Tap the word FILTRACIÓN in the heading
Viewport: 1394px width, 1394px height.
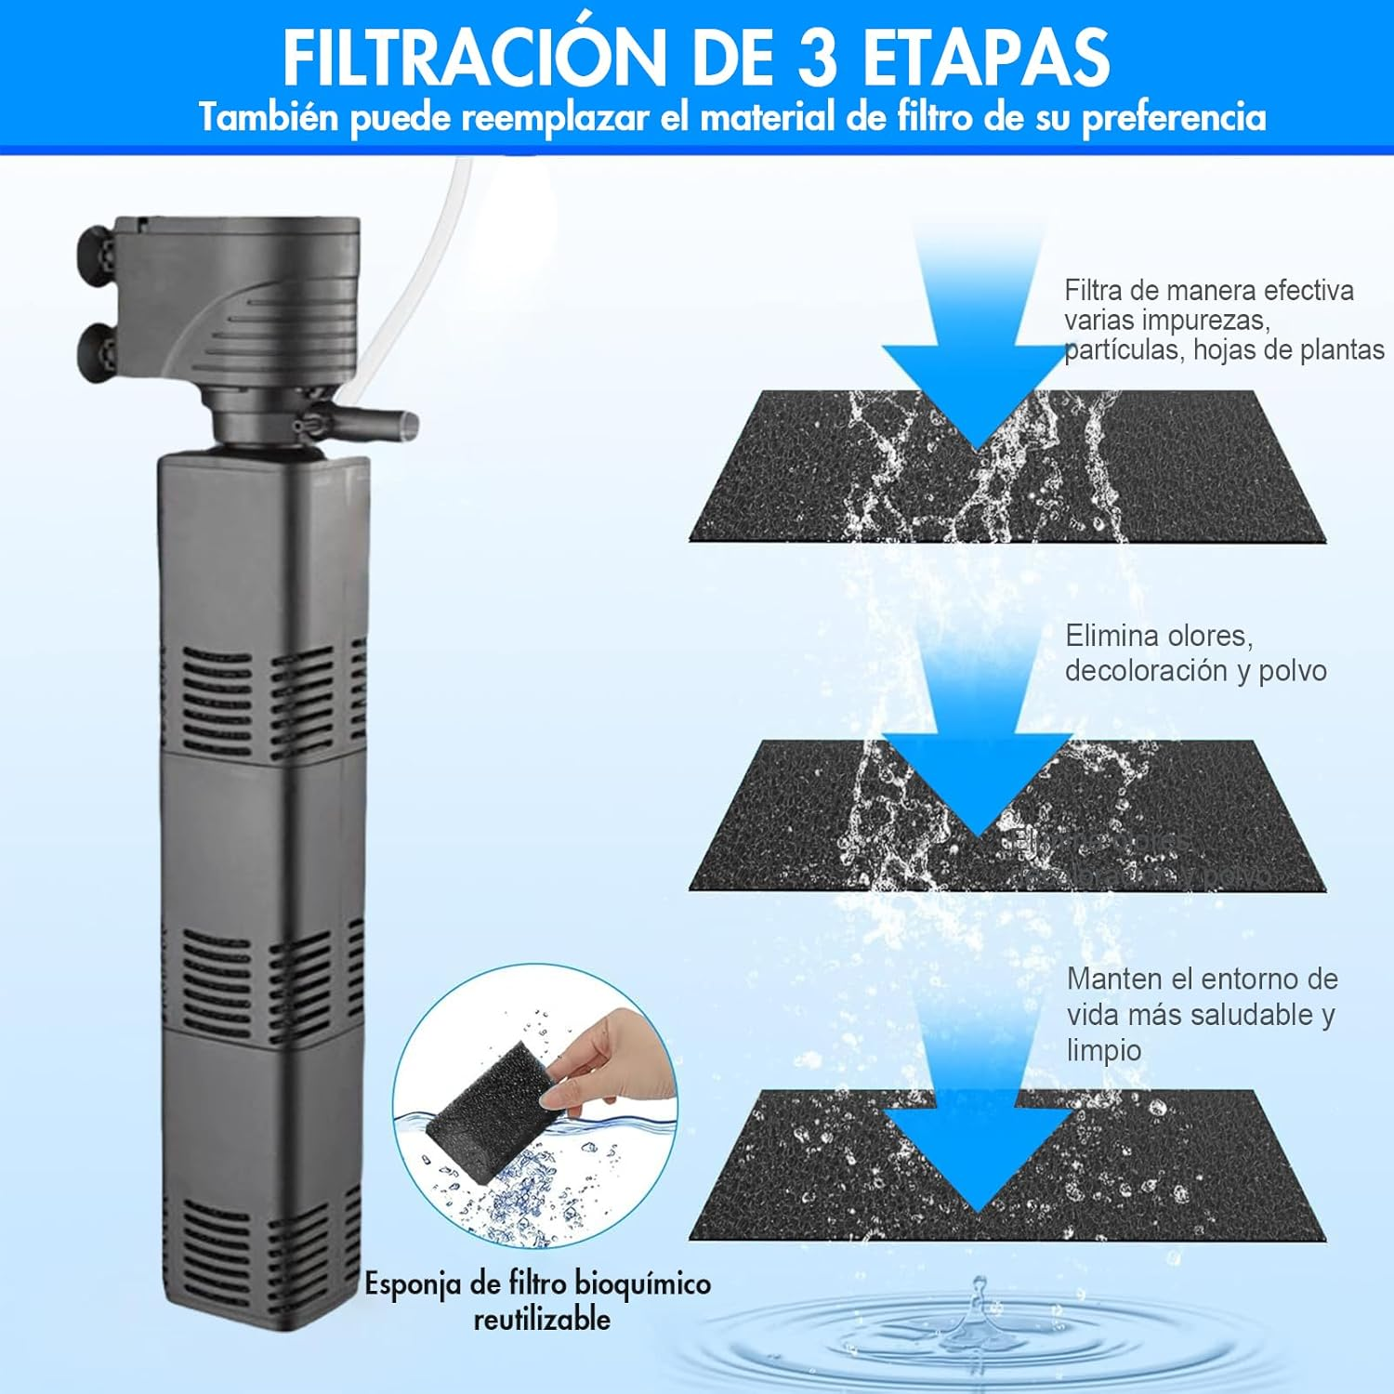tap(474, 58)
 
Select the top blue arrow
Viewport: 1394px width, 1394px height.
tap(976, 353)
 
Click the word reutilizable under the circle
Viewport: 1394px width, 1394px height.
tap(542, 1320)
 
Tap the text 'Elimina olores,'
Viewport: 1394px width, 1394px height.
tap(1159, 637)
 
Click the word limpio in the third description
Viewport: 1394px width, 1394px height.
tap(1103, 1050)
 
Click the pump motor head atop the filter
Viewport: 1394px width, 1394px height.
tap(242, 297)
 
